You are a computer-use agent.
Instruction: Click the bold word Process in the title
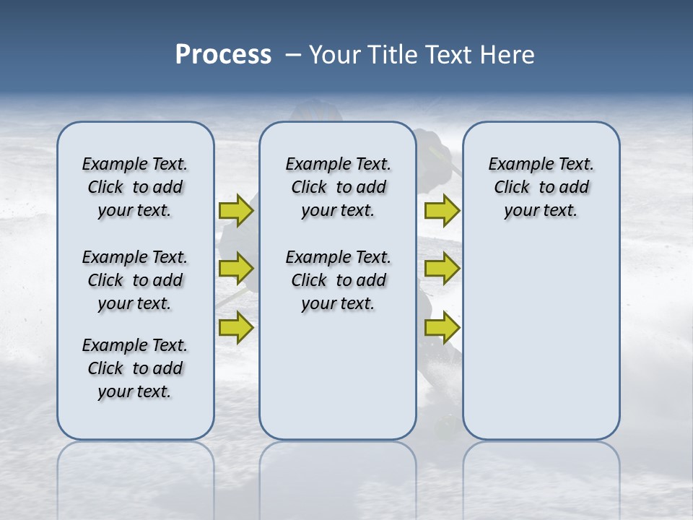[x=223, y=55]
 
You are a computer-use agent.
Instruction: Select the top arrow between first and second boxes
[x=236, y=210]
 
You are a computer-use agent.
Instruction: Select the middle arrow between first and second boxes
[x=236, y=269]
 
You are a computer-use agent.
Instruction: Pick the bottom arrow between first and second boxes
[x=236, y=328]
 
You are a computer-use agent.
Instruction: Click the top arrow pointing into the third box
[x=442, y=210]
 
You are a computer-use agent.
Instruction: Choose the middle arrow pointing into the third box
[x=442, y=269]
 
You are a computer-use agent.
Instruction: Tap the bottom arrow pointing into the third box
[x=442, y=328]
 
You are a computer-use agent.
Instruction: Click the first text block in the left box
[x=135, y=187]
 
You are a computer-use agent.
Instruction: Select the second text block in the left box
[x=135, y=280]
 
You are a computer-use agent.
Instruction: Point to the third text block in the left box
[x=135, y=368]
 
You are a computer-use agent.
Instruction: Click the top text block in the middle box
[x=338, y=187]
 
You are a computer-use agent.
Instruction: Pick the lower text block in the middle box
[x=338, y=280]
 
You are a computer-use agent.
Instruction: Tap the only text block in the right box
[x=541, y=187]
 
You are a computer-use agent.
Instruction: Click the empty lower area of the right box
[x=541, y=339]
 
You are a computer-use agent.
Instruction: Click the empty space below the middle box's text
[x=338, y=376]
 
